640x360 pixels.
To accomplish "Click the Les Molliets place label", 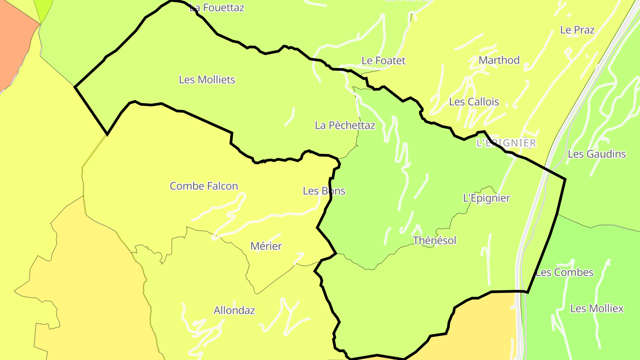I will point(207,80).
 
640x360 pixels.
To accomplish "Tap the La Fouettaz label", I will point(217,8).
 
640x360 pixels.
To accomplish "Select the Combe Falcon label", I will point(204,186).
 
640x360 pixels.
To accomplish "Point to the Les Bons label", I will point(324,191).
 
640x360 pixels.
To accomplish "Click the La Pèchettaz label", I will point(345,125).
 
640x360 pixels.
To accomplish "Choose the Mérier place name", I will point(266,246).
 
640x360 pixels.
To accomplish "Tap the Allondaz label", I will point(234,310).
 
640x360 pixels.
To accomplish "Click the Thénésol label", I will point(435,240).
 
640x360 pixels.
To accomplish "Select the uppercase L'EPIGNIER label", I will point(506,143).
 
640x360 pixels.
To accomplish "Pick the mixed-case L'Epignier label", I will point(487,198).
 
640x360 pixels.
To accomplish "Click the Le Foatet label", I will point(384,60).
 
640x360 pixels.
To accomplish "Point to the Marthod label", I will point(499,60).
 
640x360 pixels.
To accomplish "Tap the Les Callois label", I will point(474,102).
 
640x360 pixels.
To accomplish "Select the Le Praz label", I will point(577,30).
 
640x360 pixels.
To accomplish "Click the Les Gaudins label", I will point(597,154).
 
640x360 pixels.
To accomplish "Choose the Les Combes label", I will point(564,272).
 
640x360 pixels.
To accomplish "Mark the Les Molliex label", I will point(597,308).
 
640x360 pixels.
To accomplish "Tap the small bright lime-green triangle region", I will point(44,9).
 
